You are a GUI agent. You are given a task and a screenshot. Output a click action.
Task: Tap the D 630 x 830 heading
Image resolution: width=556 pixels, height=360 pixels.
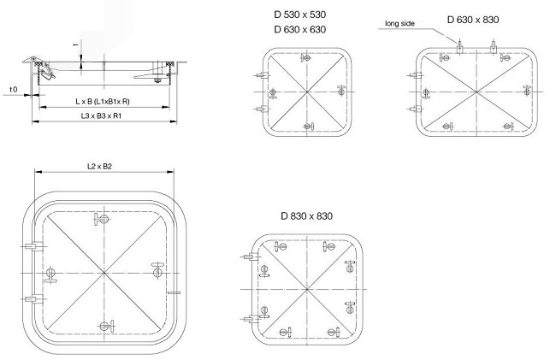click(x=472, y=19)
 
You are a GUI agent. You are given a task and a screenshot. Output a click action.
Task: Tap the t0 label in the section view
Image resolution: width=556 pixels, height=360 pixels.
click(x=13, y=89)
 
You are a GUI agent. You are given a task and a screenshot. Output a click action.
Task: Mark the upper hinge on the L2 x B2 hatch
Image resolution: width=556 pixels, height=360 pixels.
click(x=32, y=247)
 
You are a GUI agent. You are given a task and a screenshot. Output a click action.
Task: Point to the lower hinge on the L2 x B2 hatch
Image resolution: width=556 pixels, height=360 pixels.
click(x=32, y=299)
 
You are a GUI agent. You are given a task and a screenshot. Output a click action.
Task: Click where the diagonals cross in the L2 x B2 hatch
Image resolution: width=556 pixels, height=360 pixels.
click(x=104, y=274)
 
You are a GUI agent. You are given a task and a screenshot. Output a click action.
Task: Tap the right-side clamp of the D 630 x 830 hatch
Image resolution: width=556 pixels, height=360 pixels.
click(x=529, y=89)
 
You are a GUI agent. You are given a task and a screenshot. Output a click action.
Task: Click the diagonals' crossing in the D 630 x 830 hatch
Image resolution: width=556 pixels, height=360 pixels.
click(x=476, y=91)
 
